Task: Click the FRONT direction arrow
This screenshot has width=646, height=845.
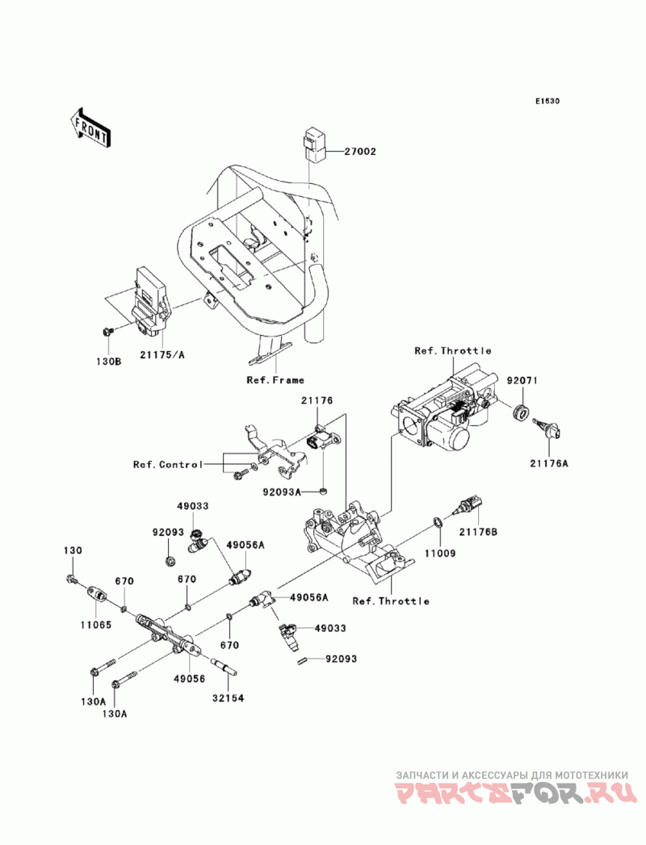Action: click(90, 128)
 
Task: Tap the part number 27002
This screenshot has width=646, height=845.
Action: click(359, 152)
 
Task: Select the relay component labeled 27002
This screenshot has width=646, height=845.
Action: click(314, 144)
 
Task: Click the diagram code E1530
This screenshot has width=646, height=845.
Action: click(547, 101)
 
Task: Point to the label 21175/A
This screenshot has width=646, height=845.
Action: click(162, 354)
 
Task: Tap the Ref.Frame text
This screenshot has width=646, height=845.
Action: click(275, 380)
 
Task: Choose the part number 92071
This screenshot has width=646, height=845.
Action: click(522, 380)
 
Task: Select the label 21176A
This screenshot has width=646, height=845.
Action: click(549, 462)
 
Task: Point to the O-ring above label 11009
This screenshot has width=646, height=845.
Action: click(438, 522)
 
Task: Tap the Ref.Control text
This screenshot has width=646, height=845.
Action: click(168, 465)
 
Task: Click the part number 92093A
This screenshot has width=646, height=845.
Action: click(282, 492)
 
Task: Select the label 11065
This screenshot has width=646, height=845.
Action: click(95, 625)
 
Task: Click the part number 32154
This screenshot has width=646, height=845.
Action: click(228, 698)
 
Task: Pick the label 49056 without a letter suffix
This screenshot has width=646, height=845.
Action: click(189, 679)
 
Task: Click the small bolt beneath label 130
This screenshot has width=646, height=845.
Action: click(71, 579)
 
